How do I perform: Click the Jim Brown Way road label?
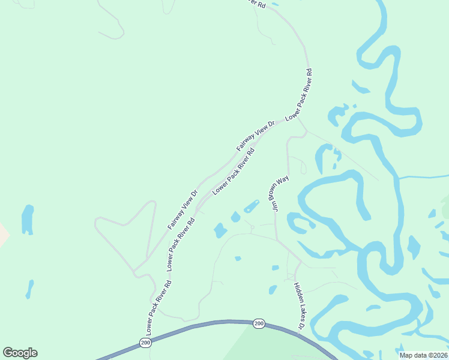click(x=280, y=194)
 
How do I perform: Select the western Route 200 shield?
click(x=146, y=343)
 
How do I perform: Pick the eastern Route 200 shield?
click(x=259, y=323)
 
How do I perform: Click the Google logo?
click(x=20, y=352)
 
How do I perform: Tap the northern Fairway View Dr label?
click(x=255, y=136)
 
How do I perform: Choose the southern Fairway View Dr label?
click(x=182, y=210)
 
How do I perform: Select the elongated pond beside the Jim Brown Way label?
click(x=252, y=206)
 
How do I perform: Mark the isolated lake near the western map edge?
click(x=28, y=220)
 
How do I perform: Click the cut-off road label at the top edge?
click(x=256, y=3)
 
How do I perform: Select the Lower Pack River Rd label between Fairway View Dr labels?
click(x=234, y=171)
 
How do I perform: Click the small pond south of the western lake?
click(x=29, y=289)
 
